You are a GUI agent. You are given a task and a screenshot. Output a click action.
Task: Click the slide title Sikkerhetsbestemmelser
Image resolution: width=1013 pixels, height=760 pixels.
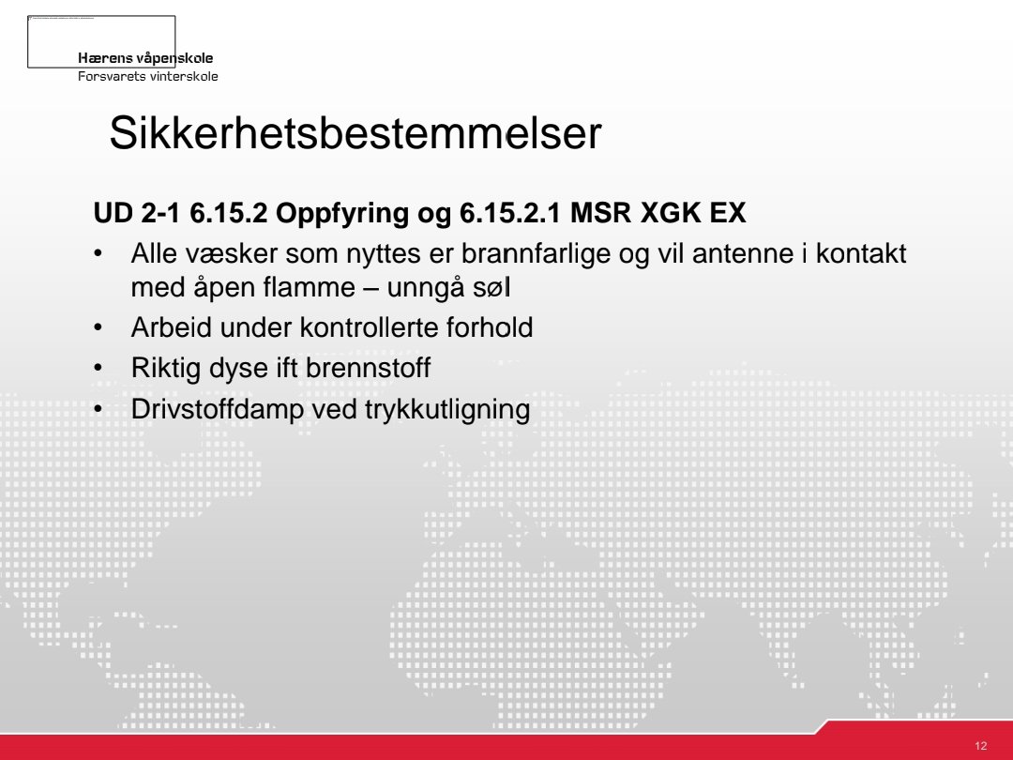355,134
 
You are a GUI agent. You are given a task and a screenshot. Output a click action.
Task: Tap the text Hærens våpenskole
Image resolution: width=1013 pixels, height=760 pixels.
145,59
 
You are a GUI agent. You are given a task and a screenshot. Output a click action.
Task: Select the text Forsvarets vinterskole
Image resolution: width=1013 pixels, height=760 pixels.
148,76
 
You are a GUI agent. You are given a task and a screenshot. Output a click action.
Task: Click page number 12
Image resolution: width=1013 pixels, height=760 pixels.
981,746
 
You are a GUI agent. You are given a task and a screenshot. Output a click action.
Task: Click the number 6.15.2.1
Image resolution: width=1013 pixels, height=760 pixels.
511,214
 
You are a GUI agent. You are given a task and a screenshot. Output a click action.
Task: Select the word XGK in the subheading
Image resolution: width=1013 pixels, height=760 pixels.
671,214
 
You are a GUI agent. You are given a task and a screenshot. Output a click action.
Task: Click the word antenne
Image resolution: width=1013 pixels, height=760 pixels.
740,254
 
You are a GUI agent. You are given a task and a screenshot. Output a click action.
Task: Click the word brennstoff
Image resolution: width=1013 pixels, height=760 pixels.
368,368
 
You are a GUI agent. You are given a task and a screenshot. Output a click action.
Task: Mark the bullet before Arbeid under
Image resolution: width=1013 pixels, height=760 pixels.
98,327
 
